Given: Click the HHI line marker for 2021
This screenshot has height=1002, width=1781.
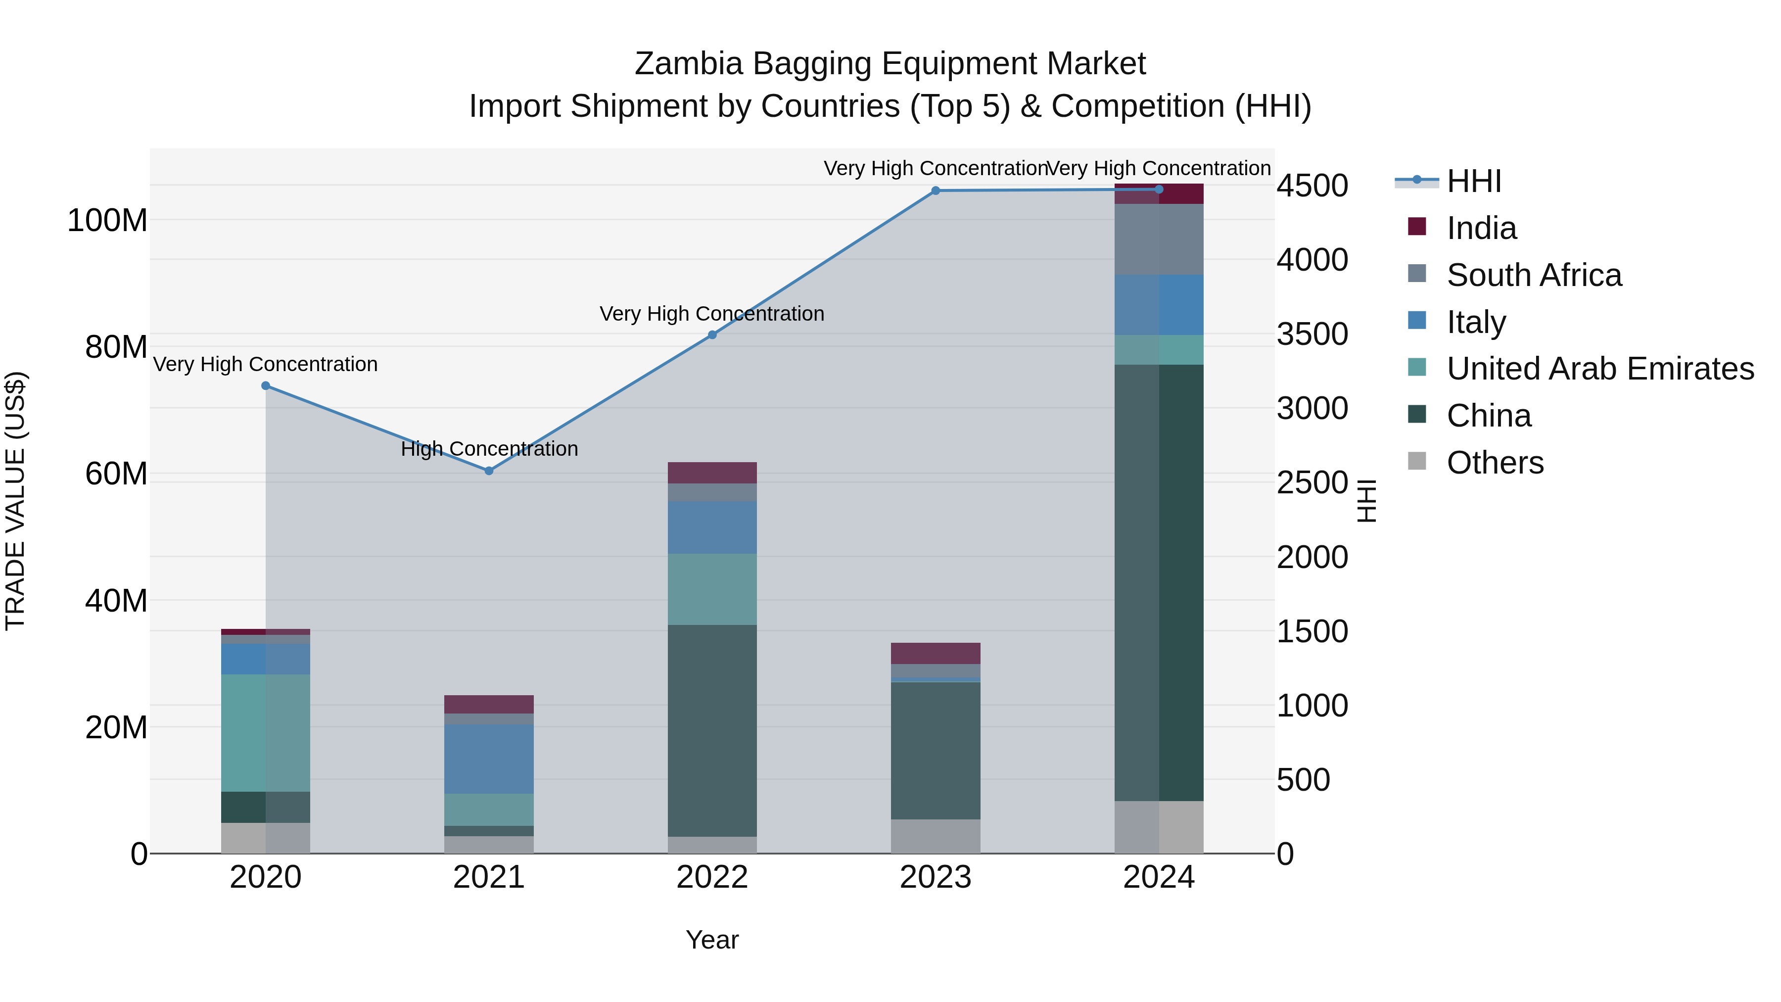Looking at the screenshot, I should coord(489,471).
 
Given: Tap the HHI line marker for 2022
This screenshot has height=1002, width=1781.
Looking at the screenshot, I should coord(712,335).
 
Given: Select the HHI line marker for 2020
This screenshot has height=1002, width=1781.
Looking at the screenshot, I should coord(266,386).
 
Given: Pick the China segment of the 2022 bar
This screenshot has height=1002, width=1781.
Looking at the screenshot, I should coord(712,730).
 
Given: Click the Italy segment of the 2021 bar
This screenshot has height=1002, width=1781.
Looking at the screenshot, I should coord(489,759).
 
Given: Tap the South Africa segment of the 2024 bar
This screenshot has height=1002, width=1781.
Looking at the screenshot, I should coord(1159,239).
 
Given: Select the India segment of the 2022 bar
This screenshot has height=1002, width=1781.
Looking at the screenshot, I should coord(712,473).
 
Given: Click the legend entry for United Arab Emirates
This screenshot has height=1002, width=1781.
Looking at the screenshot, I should coord(1600,369).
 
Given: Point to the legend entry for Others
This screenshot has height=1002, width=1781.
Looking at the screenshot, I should coord(1495,463).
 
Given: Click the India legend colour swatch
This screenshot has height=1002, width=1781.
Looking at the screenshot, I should coord(1417,227).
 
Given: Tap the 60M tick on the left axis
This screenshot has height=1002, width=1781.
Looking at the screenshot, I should coord(116,475).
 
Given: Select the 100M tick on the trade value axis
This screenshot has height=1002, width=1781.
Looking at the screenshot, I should coord(107,221).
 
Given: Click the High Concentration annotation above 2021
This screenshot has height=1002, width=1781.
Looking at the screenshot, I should coord(489,449).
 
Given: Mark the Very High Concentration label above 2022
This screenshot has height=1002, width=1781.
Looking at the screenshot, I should coord(712,314).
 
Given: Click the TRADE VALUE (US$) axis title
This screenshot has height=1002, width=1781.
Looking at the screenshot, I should coord(15,501).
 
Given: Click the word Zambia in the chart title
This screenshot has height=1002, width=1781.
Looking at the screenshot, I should coord(687,64).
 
